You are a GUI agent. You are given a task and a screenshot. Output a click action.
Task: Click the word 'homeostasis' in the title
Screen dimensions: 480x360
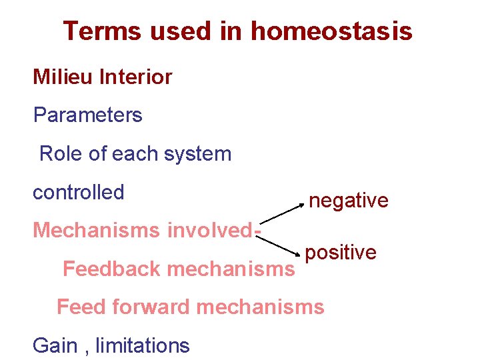331,31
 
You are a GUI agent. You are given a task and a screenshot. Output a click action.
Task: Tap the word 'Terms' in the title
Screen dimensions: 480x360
102,31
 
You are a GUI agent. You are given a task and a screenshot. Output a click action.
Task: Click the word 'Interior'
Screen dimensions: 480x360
135,77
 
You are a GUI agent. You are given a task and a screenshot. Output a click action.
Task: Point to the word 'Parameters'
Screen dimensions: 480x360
87,115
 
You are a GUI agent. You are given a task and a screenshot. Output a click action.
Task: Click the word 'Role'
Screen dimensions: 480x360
61,153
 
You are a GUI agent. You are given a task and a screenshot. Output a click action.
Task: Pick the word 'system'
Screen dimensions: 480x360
197,154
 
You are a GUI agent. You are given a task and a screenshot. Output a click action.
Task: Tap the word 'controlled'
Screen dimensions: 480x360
79,192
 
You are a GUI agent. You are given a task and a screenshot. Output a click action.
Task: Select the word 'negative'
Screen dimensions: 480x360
349,201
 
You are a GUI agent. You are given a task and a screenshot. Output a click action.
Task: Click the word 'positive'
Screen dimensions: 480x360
341,253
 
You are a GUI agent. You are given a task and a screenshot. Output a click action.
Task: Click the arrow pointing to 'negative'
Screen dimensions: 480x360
281,214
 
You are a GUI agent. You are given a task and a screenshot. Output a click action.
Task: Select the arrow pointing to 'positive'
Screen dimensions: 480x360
278,245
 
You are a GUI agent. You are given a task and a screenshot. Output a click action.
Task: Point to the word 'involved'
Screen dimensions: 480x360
210,230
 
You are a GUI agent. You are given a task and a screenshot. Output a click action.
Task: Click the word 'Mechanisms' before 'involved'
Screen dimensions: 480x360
97,230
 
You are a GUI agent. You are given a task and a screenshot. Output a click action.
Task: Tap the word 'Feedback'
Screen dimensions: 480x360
112,269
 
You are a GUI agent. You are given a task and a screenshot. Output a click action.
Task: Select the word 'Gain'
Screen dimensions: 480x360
55,345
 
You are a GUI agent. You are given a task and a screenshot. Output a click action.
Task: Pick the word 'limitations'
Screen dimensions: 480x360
143,345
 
